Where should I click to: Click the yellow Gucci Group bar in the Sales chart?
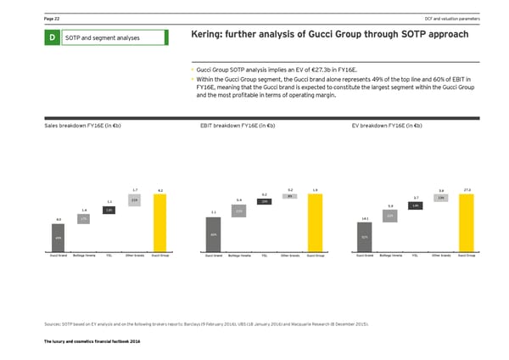click(160, 222)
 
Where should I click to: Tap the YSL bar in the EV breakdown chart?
click(414, 206)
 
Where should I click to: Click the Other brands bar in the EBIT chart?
click(290, 196)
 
